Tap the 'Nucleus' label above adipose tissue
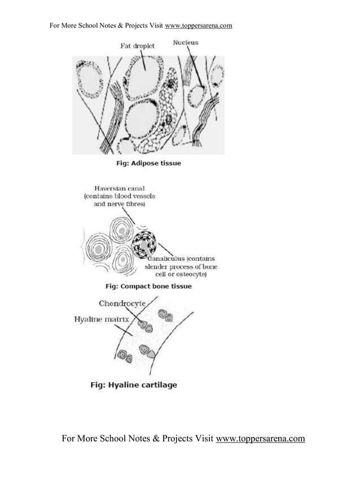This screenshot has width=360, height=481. coord(185,42)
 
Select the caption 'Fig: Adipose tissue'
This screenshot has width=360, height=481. coord(148,163)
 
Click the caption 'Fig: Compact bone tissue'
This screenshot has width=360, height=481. coord(148,286)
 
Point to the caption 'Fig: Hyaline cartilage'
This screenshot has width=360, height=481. coord(134,385)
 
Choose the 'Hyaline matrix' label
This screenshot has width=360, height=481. coord(102,320)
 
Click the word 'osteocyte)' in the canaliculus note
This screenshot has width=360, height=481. coord(191,274)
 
